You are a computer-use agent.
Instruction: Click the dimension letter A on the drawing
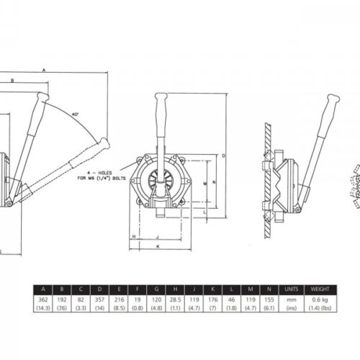(44, 70)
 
